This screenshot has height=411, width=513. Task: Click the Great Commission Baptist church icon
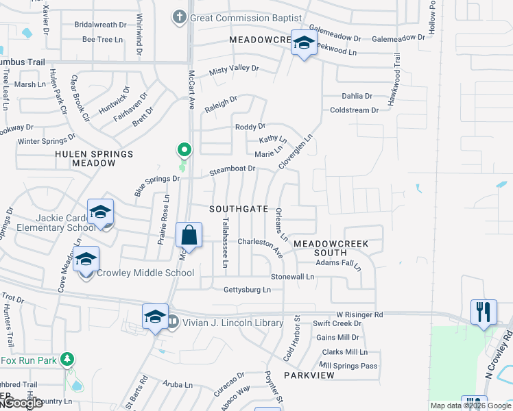pyautogui.click(x=180, y=17)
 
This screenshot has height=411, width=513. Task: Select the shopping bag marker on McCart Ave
pyautogui.click(x=189, y=236)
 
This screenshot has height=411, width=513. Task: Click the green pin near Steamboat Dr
pyautogui.click(x=183, y=149)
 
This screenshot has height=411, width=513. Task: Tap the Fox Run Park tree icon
pyautogui.click(x=67, y=359)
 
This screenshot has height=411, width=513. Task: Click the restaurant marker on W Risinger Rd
pyautogui.click(x=484, y=312)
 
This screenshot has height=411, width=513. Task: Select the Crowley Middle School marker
pyautogui.click(x=86, y=260)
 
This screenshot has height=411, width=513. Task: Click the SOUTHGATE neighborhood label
pyautogui.click(x=239, y=209)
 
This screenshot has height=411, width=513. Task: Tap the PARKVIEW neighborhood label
pyautogui.click(x=309, y=375)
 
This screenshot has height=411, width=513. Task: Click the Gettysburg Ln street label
pyautogui.click(x=247, y=290)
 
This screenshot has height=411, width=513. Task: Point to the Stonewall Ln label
pyautogui.click(x=292, y=277)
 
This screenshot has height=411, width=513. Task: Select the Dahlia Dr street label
pyautogui.click(x=357, y=97)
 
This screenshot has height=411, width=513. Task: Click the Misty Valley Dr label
pyautogui.click(x=234, y=69)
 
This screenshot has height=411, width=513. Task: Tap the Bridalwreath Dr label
pyautogui.click(x=101, y=24)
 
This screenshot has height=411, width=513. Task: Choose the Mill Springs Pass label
pyautogui.click(x=348, y=366)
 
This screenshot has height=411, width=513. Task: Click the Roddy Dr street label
pyautogui.click(x=250, y=127)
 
